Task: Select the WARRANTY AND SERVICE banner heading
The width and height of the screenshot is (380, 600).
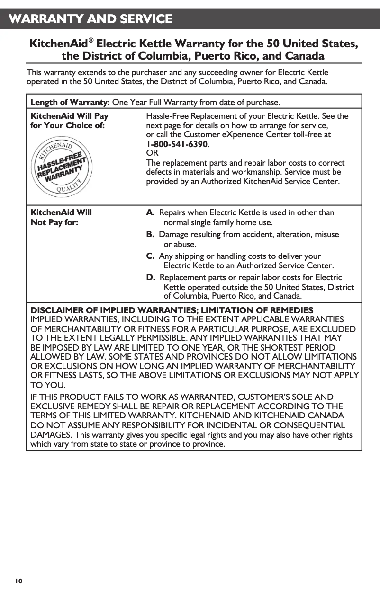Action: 90,19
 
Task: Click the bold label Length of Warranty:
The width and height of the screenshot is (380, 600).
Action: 70,102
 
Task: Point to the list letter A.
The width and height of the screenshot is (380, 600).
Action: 150,213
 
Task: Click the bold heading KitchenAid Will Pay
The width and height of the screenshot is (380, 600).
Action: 69,116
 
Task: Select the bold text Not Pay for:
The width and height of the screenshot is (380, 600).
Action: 54,222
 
